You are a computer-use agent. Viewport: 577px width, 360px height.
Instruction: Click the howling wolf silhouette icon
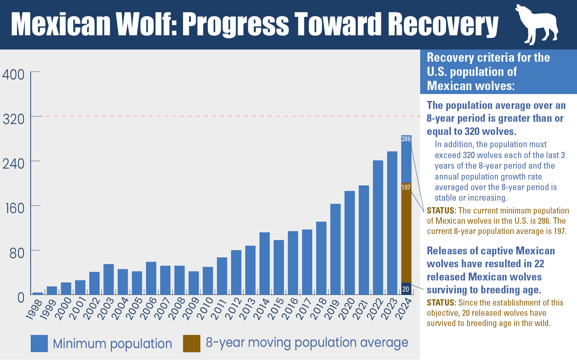537,25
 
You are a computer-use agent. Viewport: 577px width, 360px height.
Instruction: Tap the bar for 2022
378,228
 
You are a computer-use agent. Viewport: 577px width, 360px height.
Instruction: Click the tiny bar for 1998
38,293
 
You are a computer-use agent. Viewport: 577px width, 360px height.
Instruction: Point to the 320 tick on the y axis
13,119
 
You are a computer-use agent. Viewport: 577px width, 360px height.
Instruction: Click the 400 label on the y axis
13,75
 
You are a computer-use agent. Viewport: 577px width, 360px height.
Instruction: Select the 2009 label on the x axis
191,309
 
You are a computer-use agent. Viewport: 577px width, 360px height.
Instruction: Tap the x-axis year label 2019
333,309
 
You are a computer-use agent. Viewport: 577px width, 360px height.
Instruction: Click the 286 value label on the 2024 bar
406,139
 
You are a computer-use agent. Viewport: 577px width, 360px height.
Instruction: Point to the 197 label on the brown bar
406,187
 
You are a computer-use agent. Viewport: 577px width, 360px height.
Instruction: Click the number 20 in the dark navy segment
406,289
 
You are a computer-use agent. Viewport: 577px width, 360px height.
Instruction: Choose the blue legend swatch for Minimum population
39,344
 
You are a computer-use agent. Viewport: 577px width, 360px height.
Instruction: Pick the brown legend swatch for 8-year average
191,344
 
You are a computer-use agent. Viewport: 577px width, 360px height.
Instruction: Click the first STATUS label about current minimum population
441,211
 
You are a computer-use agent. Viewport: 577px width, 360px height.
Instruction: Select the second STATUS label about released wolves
441,303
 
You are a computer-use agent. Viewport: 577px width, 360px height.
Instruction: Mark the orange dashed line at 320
231,116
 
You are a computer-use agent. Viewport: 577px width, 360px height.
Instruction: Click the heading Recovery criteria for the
488,58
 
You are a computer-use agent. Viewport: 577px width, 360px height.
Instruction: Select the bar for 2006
151,278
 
